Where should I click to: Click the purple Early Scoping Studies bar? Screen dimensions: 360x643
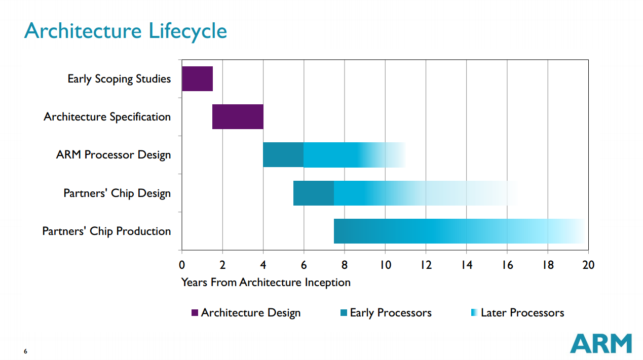point(197,78)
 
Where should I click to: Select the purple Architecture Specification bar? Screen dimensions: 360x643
point(238,117)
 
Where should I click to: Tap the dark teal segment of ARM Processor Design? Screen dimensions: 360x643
point(283,155)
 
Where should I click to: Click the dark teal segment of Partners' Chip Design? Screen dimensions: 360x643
point(314,193)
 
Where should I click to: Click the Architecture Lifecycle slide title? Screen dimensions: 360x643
point(126,31)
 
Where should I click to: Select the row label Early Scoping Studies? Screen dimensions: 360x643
point(119,79)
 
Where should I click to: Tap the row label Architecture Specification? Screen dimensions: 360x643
point(107,117)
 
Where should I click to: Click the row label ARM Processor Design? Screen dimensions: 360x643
point(114,155)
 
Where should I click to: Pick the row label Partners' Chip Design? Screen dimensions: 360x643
point(117,193)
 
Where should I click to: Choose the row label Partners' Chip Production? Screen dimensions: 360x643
point(106,231)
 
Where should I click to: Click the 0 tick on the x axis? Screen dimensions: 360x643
point(182,265)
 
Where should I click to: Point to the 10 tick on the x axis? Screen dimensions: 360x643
point(385,265)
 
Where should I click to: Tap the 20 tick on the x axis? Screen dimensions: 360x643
point(588,265)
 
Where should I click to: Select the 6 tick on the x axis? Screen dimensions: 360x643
point(304,265)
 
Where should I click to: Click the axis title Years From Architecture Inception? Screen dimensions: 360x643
point(266,283)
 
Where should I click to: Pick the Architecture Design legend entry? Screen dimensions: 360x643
point(246,313)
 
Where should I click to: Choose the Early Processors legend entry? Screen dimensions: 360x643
point(386,313)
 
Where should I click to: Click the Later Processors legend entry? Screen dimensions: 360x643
point(517,313)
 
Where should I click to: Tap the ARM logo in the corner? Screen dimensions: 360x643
point(601,343)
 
